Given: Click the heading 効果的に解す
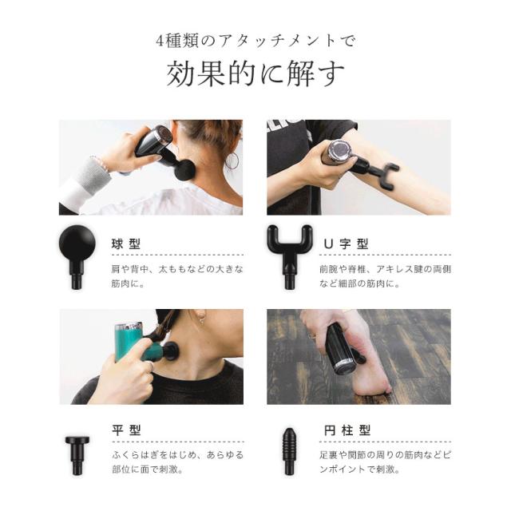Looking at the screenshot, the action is pyautogui.click(x=255, y=73).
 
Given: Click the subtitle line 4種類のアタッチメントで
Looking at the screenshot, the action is pyautogui.click(x=255, y=41).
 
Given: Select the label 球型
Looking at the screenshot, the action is pyautogui.click(x=126, y=244).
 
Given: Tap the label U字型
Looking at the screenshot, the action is pyautogui.click(x=346, y=244).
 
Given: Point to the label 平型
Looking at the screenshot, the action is pyautogui.click(x=126, y=430).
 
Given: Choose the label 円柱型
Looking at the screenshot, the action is pyautogui.click(x=347, y=430).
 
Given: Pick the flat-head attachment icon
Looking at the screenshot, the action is pyautogui.click(x=77, y=455).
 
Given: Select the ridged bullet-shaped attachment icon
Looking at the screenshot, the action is pyautogui.click(x=289, y=451).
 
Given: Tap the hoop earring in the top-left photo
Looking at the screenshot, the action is pyautogui.click(x=232, y=161).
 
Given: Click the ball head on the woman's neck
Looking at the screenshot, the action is pyautogui.click(x=184, y=169).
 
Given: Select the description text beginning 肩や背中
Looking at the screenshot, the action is pyautogui.click(x=177, y=276).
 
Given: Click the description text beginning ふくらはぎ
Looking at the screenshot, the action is pyautogui.click(x=178, y=462).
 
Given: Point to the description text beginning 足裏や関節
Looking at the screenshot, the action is pyautogui.click(x=385, y=462).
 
